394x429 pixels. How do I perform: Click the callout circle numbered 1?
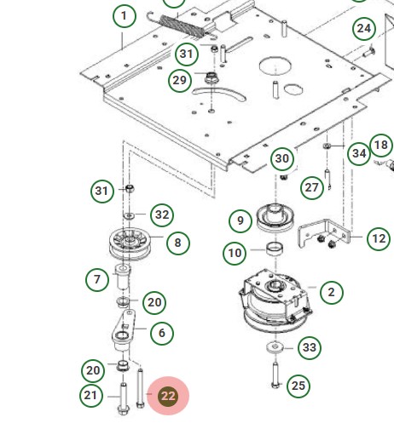124,16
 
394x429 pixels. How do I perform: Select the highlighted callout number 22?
168,396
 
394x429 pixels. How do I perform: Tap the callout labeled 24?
364,29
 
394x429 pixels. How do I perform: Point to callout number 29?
179,80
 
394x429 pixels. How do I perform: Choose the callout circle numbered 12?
379,239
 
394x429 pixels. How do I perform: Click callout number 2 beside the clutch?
331,292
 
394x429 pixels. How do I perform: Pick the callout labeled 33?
310,347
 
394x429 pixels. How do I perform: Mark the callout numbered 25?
298,386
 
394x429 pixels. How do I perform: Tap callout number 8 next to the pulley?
177,243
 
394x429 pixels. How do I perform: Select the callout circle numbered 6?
162,333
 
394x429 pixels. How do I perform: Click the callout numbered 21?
92,395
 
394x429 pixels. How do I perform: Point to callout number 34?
358,153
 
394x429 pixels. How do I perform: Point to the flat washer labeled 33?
275,347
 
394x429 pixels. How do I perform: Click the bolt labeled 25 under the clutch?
275,375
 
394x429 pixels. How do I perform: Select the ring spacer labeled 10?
275,249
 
